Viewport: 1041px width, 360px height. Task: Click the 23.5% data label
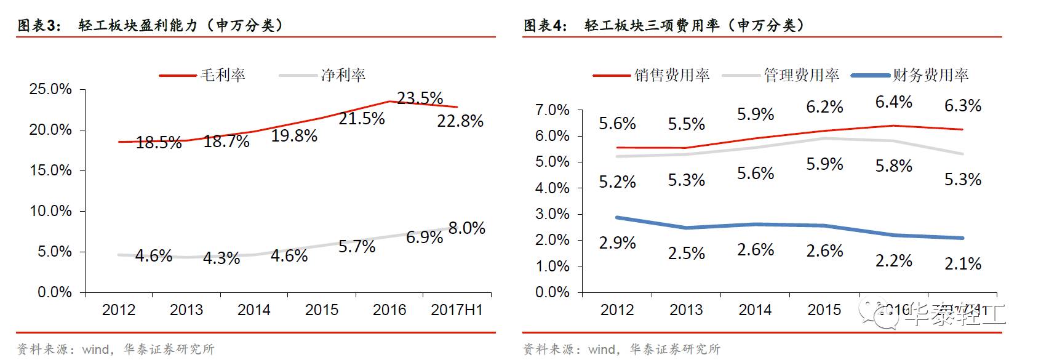[420, 98]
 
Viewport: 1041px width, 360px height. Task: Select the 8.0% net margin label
[466, 228]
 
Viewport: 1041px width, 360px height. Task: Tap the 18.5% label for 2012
[159, 143]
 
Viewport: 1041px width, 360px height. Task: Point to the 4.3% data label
[221, 258]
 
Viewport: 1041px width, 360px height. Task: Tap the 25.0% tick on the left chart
[50, 89]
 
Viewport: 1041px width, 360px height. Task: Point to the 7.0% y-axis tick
[552, 110]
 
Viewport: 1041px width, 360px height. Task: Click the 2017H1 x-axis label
[457, 310]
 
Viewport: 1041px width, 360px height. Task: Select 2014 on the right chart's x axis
[755, 310]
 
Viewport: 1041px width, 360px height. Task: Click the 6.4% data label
[893, 102]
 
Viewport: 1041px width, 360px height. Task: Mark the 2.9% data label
[617, 243]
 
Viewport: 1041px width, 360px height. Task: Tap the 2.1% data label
[963, 264]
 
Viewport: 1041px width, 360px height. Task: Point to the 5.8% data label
[893, 166]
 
